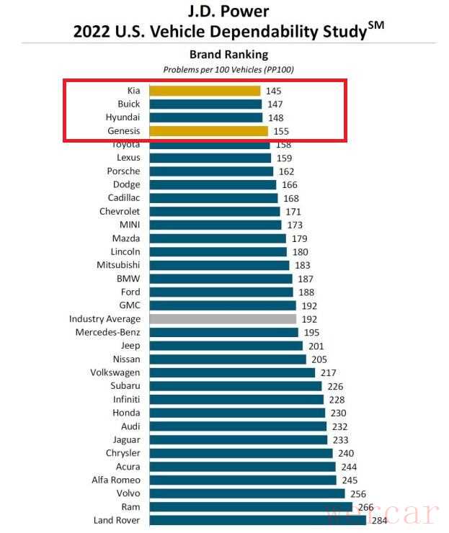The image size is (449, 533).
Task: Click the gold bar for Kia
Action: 205,91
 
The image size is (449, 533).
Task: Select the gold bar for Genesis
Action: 208,131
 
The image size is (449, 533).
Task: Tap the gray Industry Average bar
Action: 223,318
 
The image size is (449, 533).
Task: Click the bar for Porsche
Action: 211,171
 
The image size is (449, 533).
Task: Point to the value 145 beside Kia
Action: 273,91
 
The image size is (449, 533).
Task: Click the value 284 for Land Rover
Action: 380,520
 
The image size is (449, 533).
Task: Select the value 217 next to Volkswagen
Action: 328,372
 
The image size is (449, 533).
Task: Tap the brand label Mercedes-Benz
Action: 107,332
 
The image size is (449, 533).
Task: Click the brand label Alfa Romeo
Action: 115,480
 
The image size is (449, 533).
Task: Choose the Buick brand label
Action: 128,104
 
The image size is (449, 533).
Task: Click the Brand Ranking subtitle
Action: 228,55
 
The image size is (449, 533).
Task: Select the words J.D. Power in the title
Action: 228,12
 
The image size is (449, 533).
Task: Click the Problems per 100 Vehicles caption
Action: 228,70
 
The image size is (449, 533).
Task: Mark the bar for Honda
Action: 237,413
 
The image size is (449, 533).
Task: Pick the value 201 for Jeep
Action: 316,346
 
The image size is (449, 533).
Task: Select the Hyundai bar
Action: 206,117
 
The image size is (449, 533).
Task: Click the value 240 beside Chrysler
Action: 346,453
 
